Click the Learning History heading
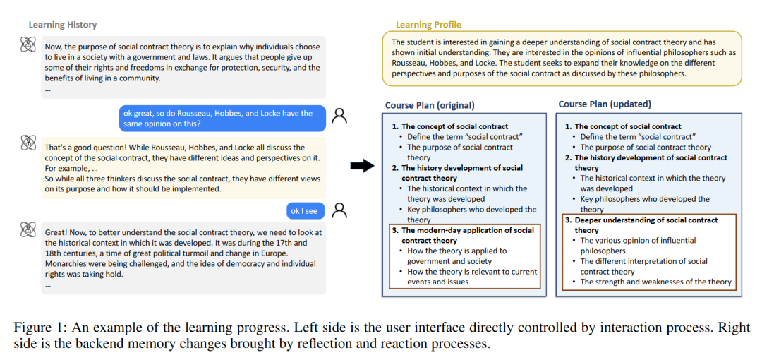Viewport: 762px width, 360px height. point(63,25)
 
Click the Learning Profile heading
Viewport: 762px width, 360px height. point(428,25)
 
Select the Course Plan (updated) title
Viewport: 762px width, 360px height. point(605,104)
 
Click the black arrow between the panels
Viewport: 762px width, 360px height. point(361,165)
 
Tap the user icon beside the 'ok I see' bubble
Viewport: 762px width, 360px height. point(340,210)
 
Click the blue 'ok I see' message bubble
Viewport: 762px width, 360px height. point(305,210)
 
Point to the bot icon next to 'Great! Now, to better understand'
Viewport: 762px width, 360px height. point(29,230)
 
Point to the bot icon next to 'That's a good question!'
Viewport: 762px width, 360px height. point(29,142)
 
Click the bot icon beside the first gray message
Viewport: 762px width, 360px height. point(29,44)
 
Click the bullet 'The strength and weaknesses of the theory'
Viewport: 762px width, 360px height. point(655,282)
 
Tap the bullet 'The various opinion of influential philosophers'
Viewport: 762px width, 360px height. point(638,246)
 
